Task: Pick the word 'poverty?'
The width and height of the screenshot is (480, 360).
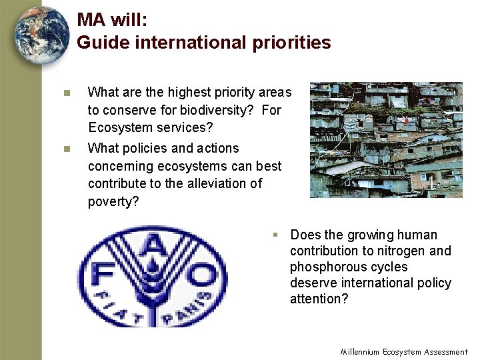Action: point(113,201)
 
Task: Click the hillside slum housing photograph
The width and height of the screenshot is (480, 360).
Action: point(386,139)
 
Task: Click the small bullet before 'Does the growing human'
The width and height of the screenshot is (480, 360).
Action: point(274,235)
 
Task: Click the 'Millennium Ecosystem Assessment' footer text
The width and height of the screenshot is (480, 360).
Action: point(404,351)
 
